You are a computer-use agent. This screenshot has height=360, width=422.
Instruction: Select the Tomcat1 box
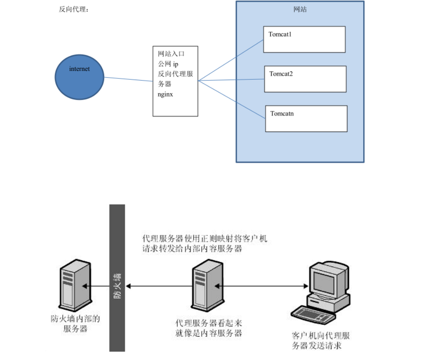click(x=304, y=39)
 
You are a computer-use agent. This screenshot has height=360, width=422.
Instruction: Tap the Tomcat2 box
click(x=305, y=79)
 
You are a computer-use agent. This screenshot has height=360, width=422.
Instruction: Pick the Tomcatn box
click(x=306, y=118)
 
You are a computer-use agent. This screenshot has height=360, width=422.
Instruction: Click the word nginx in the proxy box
click(x=165, y=94)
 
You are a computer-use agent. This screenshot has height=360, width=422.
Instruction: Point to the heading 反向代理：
click(x=74, y=10)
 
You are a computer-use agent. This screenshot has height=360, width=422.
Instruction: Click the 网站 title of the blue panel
click(x=300, y=9)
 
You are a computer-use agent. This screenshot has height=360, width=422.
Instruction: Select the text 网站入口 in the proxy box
click(x=171, y=54)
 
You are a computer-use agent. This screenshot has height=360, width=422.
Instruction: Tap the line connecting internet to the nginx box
click(x=129, y=79)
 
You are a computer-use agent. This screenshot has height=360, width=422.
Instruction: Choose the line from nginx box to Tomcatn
click(x=232, y=100)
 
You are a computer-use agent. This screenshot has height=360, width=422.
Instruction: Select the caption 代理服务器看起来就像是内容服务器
click(x=209, y=328)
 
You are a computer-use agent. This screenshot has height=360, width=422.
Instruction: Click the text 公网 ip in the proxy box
click(x=168, y=64)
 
